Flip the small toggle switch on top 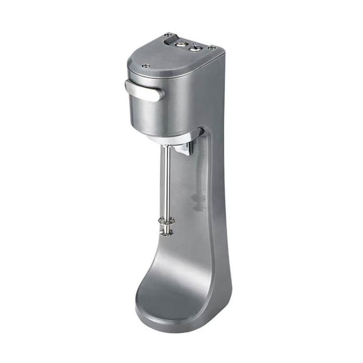point(194,48)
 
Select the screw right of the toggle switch point(212,47)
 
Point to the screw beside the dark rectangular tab point(166,35)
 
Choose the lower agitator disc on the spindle point(166,231)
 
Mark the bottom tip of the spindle point(166,235)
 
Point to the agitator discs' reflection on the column point(198,202)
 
